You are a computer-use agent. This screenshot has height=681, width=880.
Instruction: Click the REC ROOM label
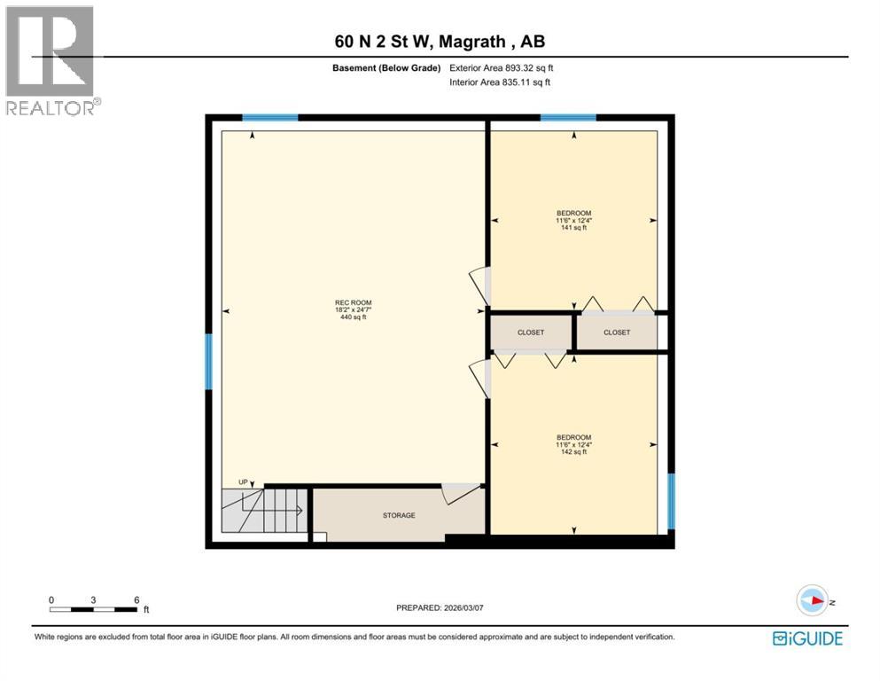(353, 302)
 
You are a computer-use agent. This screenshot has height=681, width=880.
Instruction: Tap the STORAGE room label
(399, 515)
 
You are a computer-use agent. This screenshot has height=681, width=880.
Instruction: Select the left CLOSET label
(531, 333)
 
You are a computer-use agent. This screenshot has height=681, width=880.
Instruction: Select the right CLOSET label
(617, 333)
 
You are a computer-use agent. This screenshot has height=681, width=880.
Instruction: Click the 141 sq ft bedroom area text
(573, 228)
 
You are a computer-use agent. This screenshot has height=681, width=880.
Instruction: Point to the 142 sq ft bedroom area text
(573, 452)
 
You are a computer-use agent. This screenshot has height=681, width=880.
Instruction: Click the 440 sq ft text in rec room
(353, 317)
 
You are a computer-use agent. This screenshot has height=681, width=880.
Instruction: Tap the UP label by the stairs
(243, 481)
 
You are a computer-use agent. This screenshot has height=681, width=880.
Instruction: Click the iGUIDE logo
(806, 638)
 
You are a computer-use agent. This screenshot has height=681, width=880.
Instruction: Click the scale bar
(94, 609)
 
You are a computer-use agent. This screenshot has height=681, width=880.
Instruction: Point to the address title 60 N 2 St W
(440, 42)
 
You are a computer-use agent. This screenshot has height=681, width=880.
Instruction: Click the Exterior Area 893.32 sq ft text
(501, 68)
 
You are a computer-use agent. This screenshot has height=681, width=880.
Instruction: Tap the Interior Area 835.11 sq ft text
(501, 82)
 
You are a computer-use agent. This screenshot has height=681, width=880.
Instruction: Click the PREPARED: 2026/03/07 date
(440, 607)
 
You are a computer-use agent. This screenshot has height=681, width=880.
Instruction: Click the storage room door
(461, 492)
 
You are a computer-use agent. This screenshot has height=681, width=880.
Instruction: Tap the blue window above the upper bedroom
(568, 117)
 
